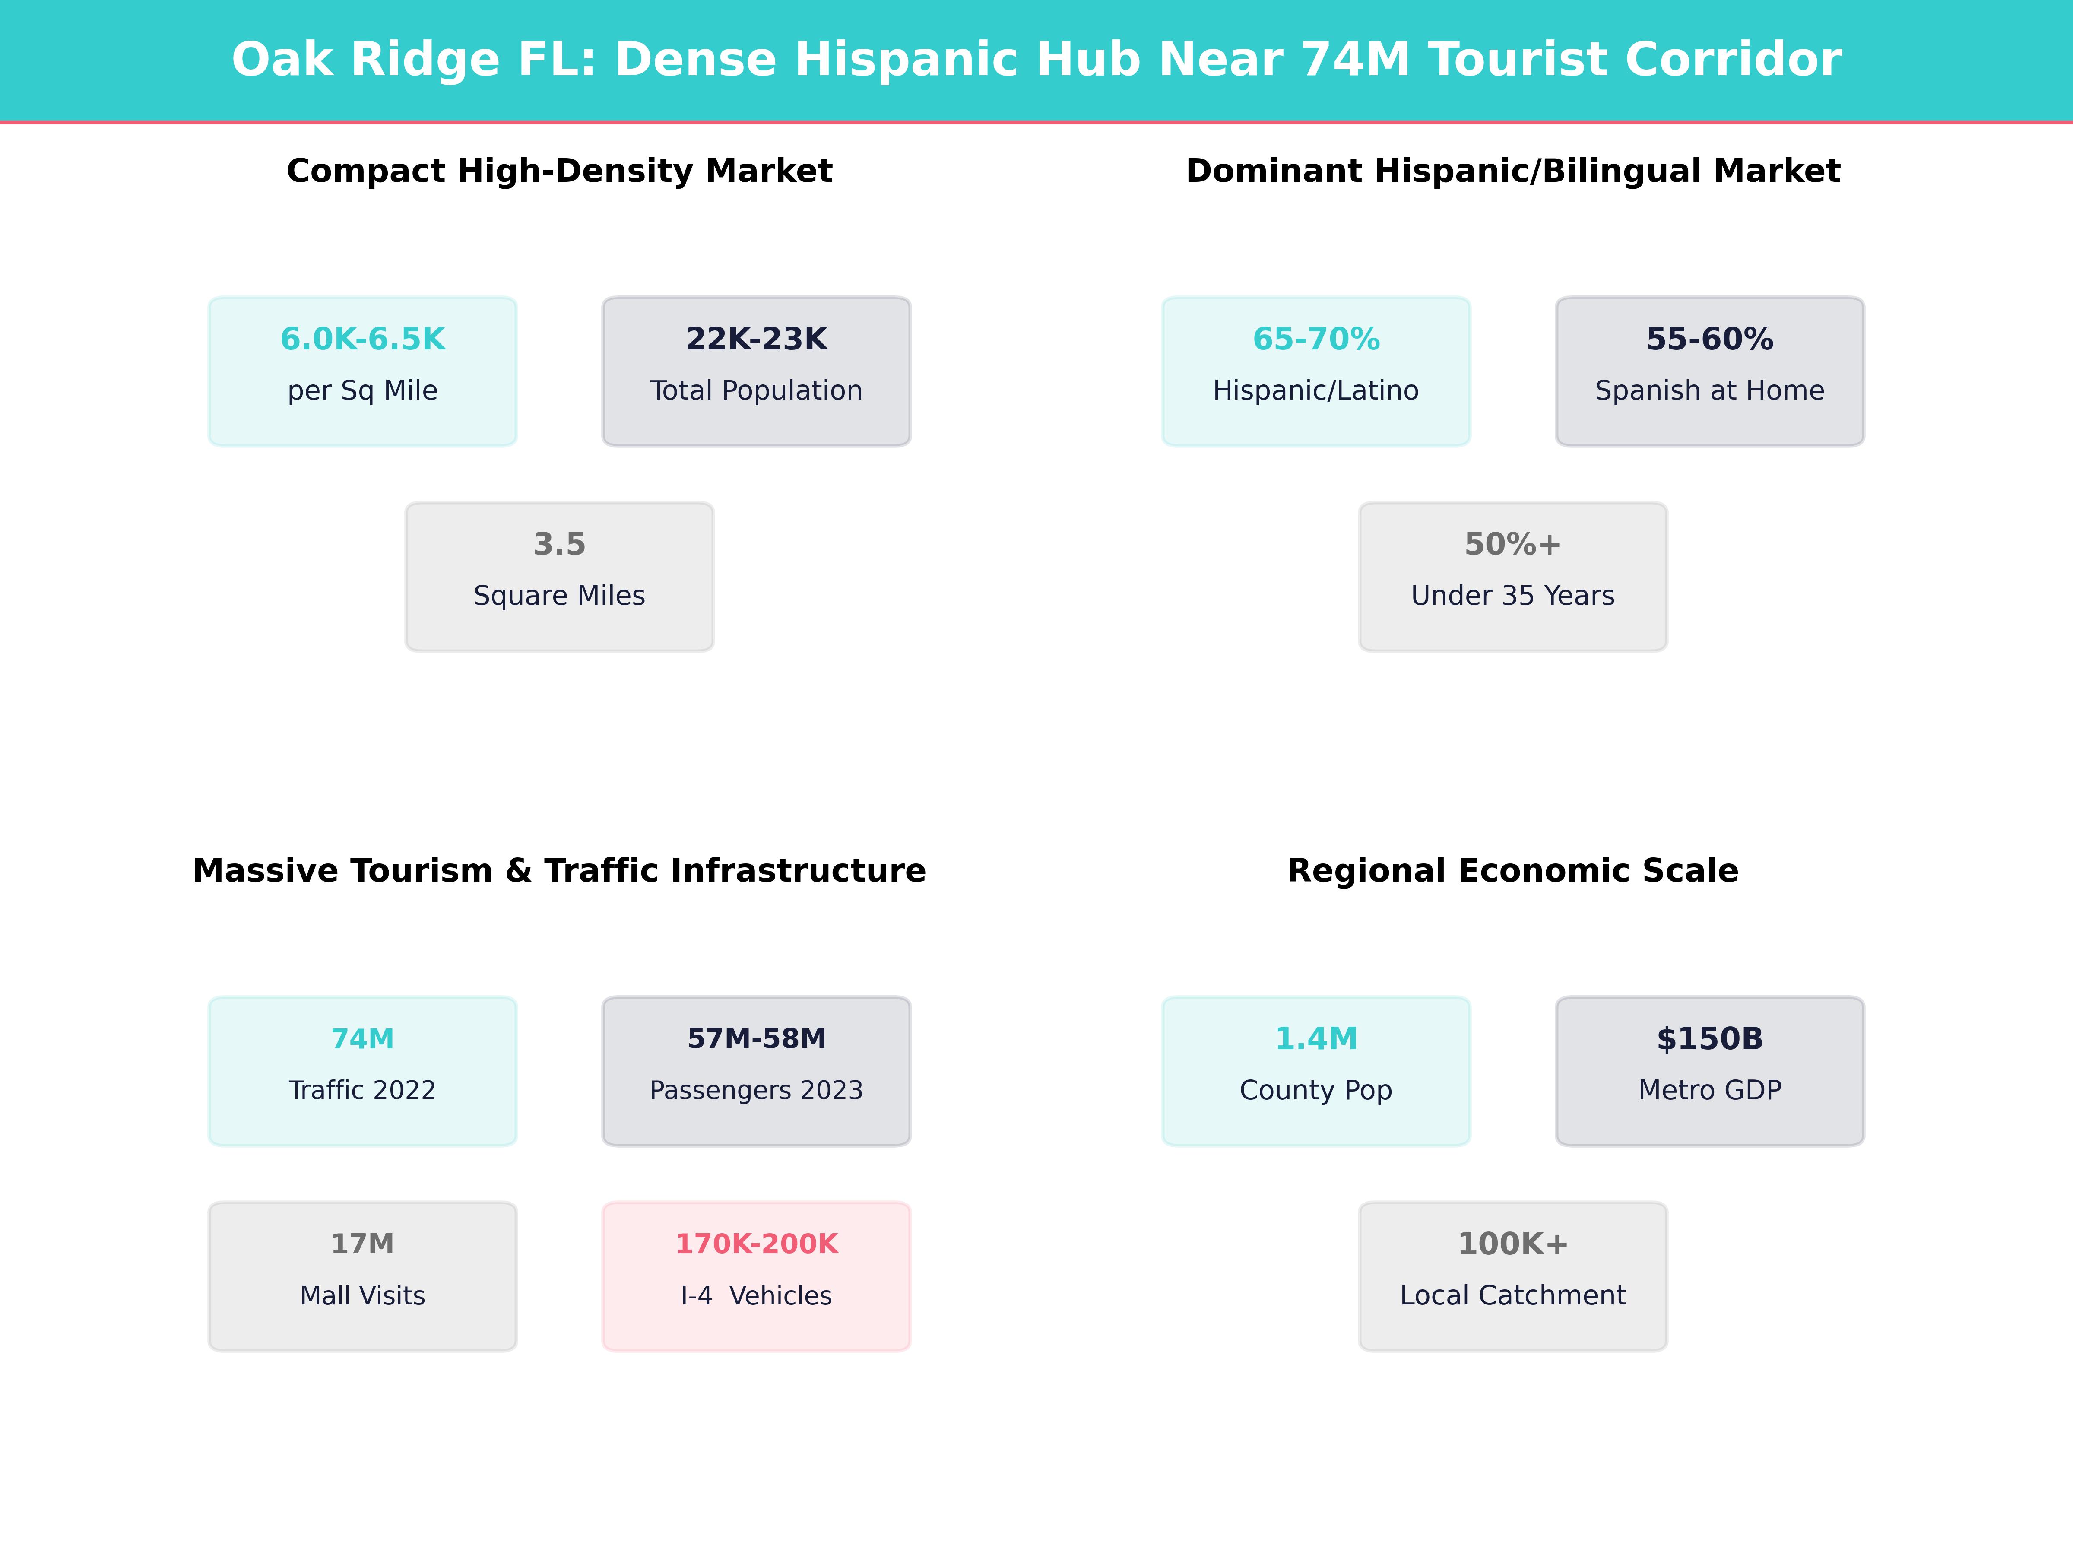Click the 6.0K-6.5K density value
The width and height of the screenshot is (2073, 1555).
click(x=363, y=340)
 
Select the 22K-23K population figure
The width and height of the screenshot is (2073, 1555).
click(x=756, y=340)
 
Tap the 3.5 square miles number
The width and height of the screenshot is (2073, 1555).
click(x=559, y=545)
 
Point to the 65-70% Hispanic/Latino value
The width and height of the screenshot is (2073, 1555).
click(x=1316, y=340)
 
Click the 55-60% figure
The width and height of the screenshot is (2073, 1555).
click(x=1709, y=340)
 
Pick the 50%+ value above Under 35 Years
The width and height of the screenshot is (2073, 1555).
click(x=1512, y=545)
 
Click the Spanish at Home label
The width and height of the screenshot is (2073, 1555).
click(x=1709, y=391)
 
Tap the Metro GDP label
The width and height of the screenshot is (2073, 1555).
click(x=1709, y=1090)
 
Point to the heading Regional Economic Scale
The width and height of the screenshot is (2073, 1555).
click(x=1512, y=871)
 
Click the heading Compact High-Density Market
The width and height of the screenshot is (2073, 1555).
click(x=559, y=171)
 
